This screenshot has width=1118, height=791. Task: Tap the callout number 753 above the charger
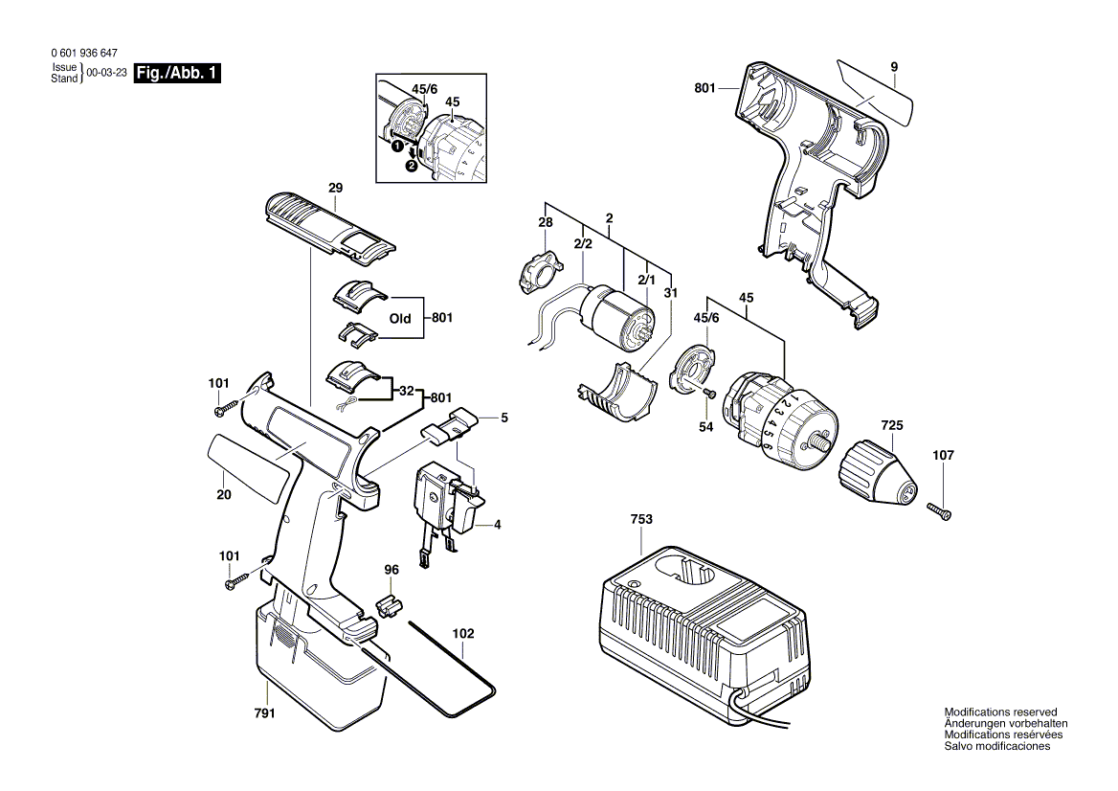click(641, 518)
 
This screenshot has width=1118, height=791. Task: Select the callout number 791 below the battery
click(264, 713)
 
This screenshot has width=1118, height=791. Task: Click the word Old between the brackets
click(400, 319)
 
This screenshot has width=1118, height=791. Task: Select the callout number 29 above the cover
click(335, 188)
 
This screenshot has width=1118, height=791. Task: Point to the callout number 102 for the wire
click(462, 633)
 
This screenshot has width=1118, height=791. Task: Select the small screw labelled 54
click(709, 393)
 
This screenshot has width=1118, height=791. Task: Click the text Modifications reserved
click(1000, 712)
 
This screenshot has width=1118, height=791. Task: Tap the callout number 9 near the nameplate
click(893, 67)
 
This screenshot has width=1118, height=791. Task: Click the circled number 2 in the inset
click(412, 166)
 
